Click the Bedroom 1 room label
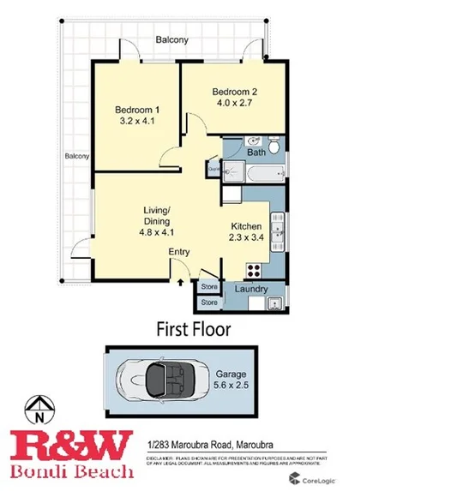click(138, 109)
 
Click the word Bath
click(256, 153)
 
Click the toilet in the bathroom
click(275, 147)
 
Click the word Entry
click(178, 251)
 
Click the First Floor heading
click(193, 328)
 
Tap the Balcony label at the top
click(171, 40)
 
